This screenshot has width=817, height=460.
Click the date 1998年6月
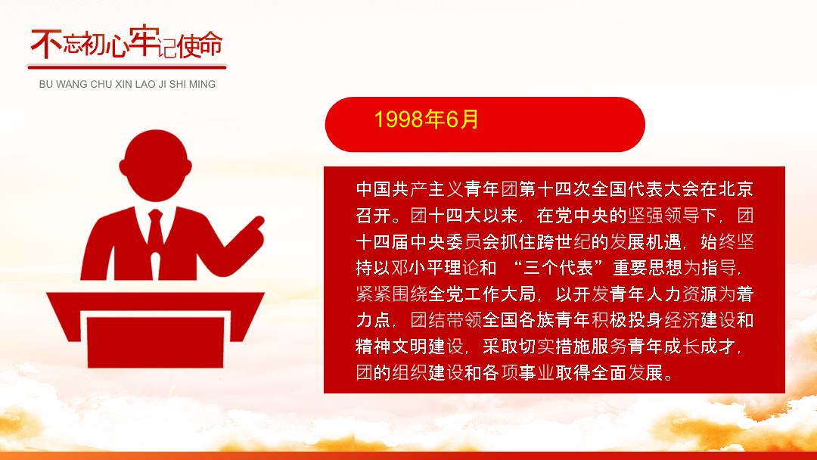pyautogui.click(x=426, y=120)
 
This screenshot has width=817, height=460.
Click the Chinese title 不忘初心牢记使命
pyautogui.click(x=126, y=42)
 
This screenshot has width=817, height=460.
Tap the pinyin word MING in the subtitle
pyautogui.click(x=202, y=85)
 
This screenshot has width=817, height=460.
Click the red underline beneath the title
pyautogui.click(x=127, y=67)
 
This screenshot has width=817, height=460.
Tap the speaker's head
pyautogui.click(x=155, y=165)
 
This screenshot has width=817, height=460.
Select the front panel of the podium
pyautogui.click(x=155, y=342)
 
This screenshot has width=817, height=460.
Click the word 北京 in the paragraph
pyautogui.click(x=736, y=189)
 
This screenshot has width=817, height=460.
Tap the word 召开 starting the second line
pyautogui.click(x=374, y=215)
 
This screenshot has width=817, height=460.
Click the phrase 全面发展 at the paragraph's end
pyautogui.click(x=627, y=372)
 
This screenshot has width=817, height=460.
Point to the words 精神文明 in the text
pyautogui.click(x=391, y=347)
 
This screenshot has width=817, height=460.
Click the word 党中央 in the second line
pyautogui.click(x=582, y=215)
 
